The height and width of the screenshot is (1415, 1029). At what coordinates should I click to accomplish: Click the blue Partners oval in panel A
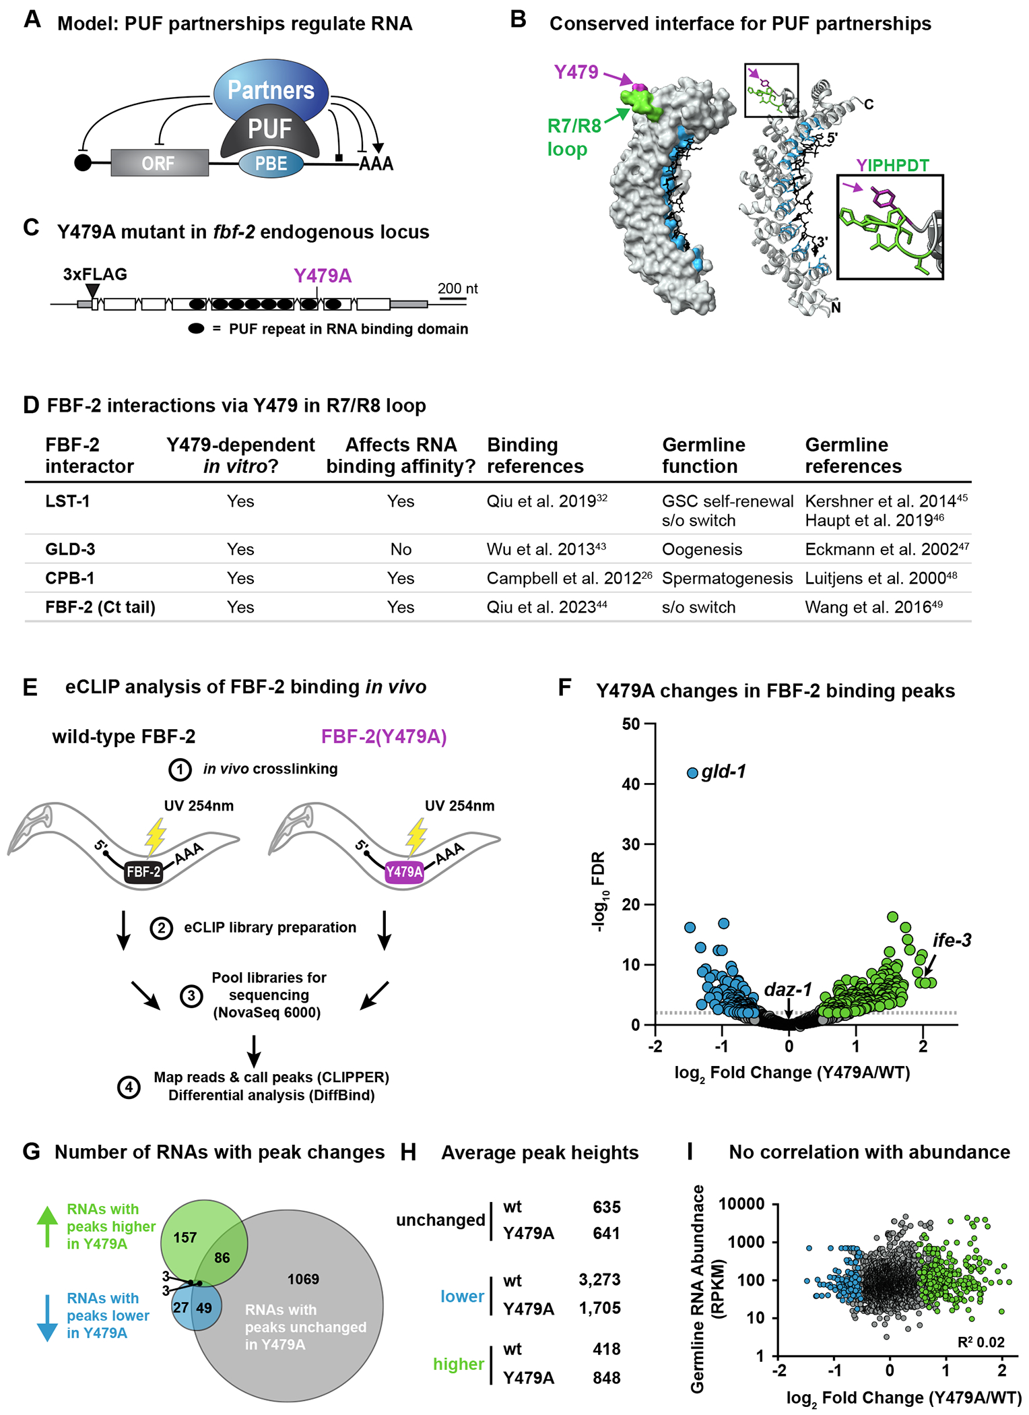271,90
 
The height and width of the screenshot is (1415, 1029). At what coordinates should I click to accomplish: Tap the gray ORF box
159,163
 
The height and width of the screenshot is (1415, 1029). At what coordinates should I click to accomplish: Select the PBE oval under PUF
271,164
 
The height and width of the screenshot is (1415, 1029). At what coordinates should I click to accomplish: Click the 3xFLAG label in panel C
95,274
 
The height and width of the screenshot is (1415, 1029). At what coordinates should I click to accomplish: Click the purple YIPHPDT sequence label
892,165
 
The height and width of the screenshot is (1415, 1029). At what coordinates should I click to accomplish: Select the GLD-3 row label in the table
70,549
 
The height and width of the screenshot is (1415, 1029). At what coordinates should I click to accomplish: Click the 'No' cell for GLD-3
401,549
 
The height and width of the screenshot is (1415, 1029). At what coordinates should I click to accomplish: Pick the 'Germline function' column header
703,455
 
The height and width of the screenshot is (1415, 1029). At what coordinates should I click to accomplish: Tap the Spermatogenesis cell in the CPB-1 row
727,578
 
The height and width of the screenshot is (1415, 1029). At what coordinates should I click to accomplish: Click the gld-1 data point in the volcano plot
692,773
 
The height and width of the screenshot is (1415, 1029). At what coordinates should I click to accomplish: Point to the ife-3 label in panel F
952,940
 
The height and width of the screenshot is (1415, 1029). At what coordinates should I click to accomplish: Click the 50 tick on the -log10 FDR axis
631,724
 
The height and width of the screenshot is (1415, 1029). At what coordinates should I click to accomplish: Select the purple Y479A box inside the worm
404,872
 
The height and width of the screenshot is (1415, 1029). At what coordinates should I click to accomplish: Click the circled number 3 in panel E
191,996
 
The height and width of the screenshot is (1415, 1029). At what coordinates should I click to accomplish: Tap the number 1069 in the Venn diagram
303,1279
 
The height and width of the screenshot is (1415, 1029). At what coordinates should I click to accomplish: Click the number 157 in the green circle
185,1237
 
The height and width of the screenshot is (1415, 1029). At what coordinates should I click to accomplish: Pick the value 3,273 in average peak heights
599,1279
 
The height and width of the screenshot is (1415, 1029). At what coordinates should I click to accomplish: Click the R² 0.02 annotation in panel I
981,1342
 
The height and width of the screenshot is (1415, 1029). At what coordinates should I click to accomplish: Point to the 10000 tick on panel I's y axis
741,1203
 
